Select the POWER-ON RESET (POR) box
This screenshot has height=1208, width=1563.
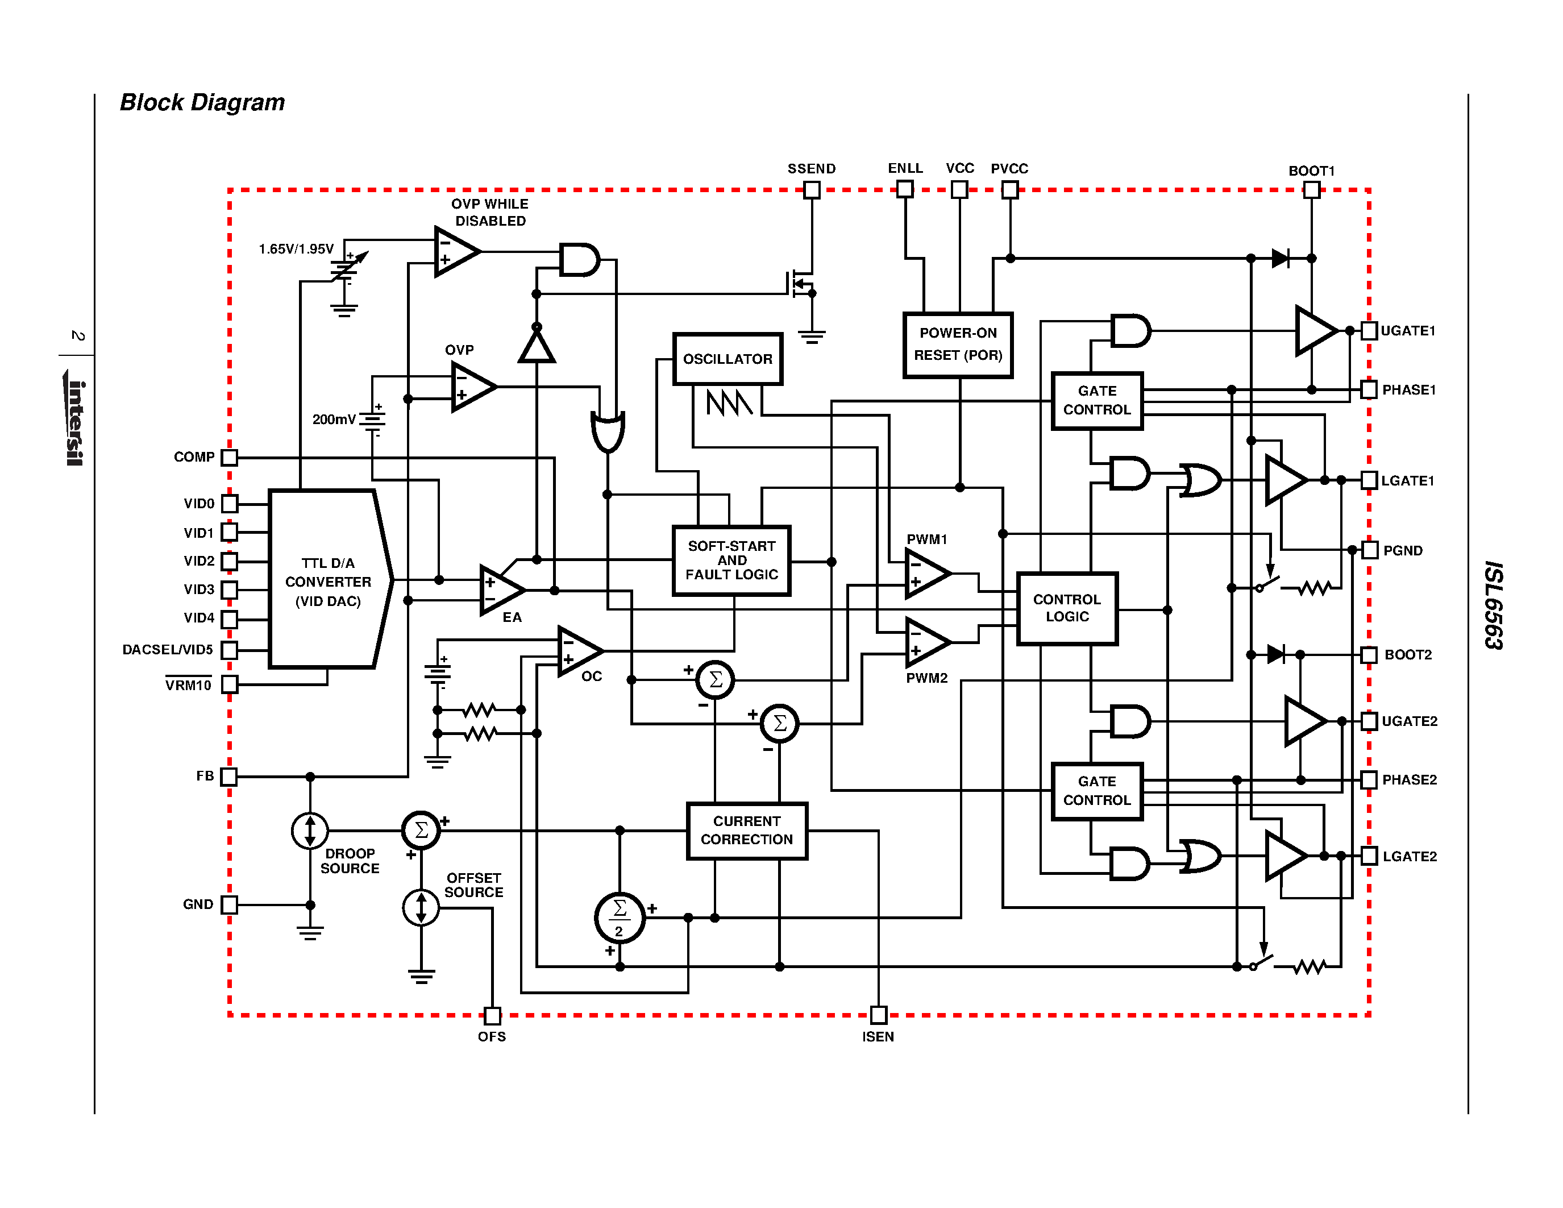pos(958,344)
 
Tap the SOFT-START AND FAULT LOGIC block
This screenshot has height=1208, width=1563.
pos(731,561)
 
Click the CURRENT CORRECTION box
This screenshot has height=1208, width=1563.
pos(746,830)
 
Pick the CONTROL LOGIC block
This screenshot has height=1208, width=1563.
pos(1066,608)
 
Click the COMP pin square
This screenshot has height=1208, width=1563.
pos(229,457)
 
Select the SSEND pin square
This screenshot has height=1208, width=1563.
pos(812,190)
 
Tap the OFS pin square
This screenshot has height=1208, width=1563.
pos(492,1015)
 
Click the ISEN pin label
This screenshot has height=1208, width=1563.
pos(878,1036)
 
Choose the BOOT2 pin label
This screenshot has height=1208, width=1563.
pos(1408,655)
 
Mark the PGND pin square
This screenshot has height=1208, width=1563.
pos(1370,550)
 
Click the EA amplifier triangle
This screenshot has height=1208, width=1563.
pos(501,590)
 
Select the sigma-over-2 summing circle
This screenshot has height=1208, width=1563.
pos(620,918)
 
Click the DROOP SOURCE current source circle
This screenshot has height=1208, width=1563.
pos(310,831)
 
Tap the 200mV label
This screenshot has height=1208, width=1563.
pos(334,420)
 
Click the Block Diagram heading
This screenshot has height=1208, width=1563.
pos(202,102)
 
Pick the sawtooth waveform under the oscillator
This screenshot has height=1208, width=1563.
pos(729,403)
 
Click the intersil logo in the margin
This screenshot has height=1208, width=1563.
pos(76,422)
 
